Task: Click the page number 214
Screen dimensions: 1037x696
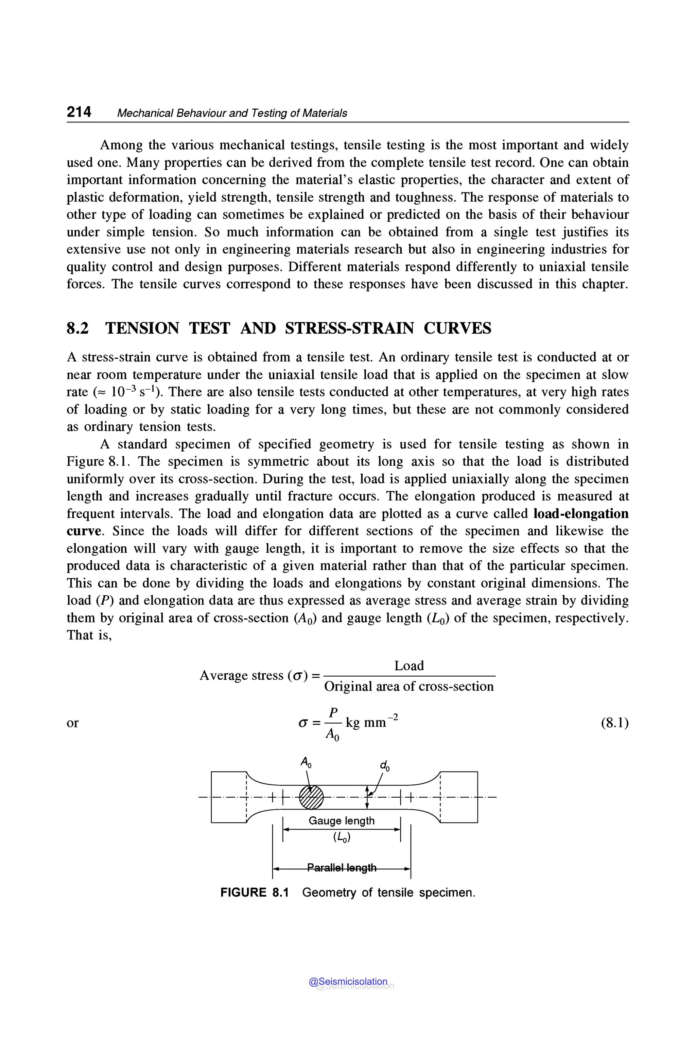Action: coord(79,112)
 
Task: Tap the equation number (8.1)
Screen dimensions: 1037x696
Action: coord(614,723)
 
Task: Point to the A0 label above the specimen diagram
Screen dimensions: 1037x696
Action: coord(306,763)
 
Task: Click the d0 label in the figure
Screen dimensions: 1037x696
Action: coord(384,766)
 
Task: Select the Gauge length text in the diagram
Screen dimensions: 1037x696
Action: coord(341,821)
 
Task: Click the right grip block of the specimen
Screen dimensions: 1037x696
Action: coord(458,797)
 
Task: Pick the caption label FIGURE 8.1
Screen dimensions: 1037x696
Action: coord(254,893)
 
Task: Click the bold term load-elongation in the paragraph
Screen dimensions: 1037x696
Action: coord(580,514)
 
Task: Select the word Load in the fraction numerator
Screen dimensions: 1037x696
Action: coord(409,666)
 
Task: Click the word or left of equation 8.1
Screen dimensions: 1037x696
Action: coord(72,723)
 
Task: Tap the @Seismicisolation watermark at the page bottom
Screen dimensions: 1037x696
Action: coord(348,982)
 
